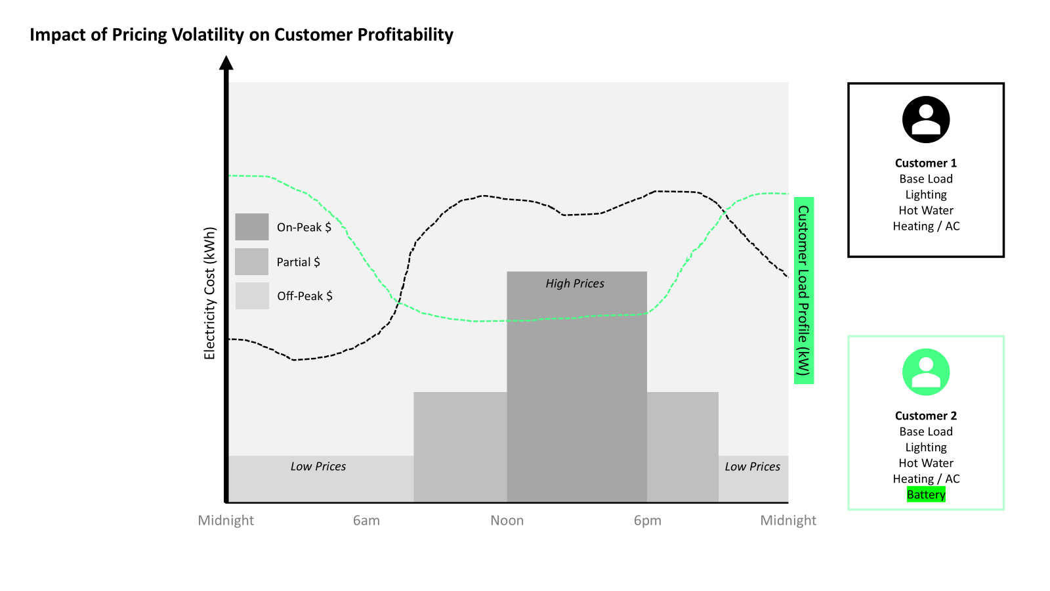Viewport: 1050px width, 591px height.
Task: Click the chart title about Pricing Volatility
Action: (x=241, y=35)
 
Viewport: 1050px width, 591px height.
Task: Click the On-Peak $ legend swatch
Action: (x=252, y=227)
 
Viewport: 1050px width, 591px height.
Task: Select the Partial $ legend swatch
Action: (x=252, y=261)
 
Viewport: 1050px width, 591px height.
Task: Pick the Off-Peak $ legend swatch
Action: (x=252, y=295)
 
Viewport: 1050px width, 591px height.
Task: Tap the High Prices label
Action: (x=575, y=284)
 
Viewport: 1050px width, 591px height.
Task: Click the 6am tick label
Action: (x=366, y=521)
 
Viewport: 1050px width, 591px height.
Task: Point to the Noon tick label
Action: (x=507, y=521)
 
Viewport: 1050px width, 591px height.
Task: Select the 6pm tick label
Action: (x=648, y=521)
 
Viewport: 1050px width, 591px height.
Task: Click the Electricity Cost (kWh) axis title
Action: (x=210, y=294)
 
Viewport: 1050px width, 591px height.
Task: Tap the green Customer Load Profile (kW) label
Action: (x=804, y=290)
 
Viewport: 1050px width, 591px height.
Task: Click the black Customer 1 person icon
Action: (x=926, y=120)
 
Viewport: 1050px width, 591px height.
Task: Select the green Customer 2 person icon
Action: (x=926, y=372)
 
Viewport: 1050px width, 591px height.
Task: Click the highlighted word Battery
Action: (x=926, y=494)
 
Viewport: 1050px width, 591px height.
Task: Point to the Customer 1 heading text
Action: (x=926, y=163)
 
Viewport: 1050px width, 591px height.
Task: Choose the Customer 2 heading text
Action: (x=926, y=416)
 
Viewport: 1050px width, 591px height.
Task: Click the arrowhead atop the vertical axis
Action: (x=226, y=63)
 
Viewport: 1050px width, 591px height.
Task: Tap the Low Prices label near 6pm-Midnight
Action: (x=753, y=467)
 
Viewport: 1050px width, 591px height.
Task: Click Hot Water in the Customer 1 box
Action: (x=926, y=210)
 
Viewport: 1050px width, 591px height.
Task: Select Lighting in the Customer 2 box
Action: (x=926, y=447)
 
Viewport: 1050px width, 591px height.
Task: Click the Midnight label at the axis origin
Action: (x=226, y=521)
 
